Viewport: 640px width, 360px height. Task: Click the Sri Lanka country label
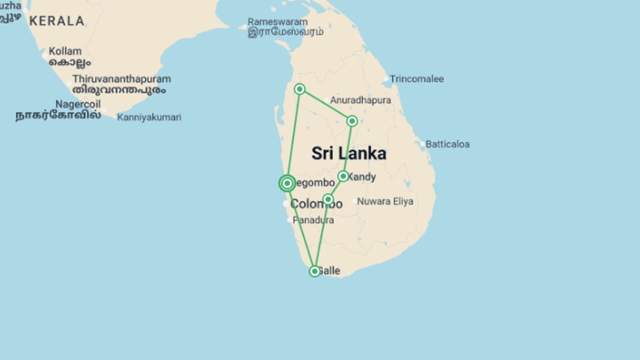(349, 153)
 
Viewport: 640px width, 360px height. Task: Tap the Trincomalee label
(417, 79)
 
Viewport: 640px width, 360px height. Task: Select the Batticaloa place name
(447, 144)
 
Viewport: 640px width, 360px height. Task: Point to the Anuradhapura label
(360, 100)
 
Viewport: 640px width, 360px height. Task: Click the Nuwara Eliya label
(385, 201)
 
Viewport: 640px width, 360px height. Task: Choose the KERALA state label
(57, 21)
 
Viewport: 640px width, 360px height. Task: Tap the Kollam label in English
(65, 51)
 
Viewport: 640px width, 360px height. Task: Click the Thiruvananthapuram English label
(122, 79)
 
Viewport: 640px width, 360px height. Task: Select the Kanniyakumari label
(149, 117)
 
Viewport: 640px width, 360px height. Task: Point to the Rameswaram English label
(277, 22)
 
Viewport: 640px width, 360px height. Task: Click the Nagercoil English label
(78, 104)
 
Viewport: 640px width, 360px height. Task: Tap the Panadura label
(313, 220)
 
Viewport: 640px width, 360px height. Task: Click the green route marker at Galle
(314, 271)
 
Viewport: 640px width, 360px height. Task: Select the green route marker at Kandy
(343, 176)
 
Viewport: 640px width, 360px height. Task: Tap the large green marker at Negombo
(287, 183)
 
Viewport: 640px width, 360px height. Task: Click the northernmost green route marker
(300, 89)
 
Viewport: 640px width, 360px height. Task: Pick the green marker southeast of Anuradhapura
(352, 121)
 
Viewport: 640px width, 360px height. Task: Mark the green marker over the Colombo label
(328, 199)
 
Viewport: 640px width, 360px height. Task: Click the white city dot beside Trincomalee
(386, 79)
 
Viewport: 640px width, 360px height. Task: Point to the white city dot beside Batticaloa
(422, 144)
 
